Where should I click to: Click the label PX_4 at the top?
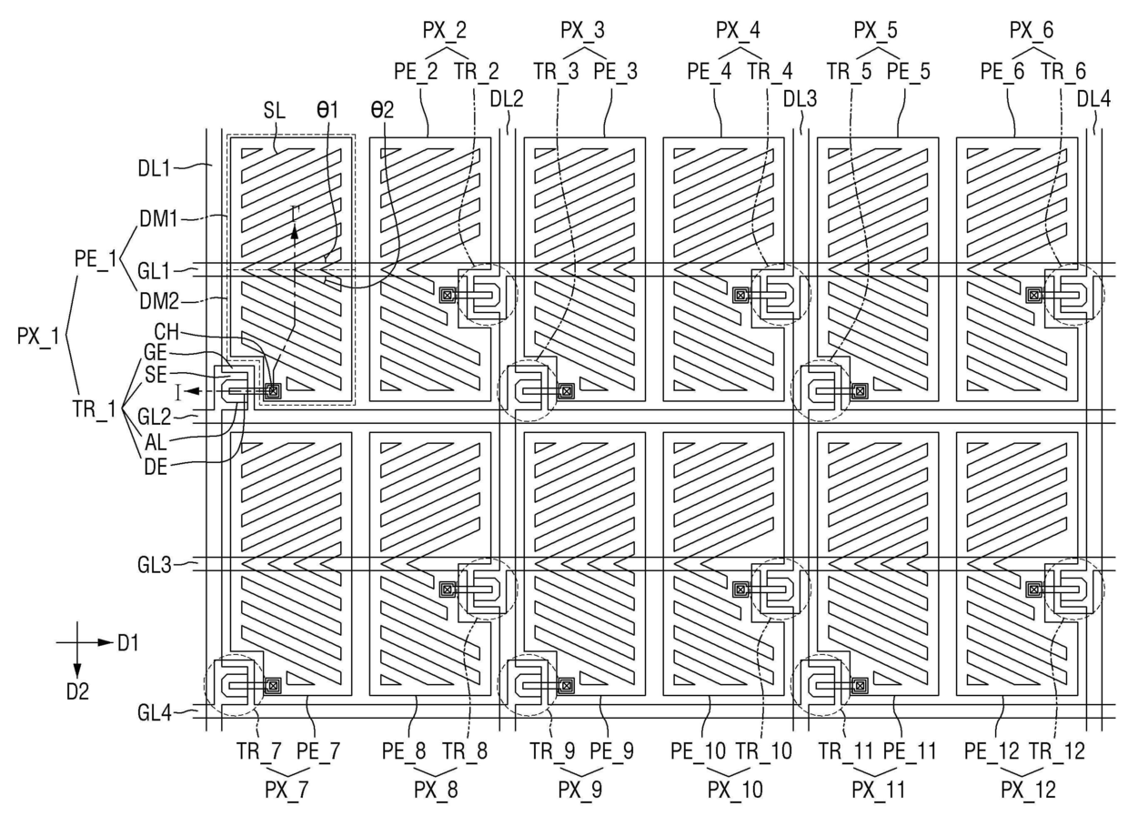(x=738, y=31)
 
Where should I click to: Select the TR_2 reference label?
(x=477, y=71)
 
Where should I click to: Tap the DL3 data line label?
(x=800, y=99)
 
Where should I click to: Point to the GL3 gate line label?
(x=155, y=565)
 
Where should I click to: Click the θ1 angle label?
(x=327, y=110)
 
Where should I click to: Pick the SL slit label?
(x=275, y=110)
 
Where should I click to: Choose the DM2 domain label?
(x=159, y=301)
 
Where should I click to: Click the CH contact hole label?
(x=166, y=332)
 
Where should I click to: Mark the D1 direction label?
(x=128, y=643)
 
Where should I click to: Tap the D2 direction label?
(x=77, y=691)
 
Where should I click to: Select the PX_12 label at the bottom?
(x=1028, y=790)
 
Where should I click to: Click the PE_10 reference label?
(x=698, y=751)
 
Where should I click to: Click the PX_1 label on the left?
(x=38, y=336)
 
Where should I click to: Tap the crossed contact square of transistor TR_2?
(x=448, y=295)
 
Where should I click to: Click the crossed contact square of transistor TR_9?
(x=567, y=685)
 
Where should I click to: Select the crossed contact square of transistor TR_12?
(x=1033, y=589)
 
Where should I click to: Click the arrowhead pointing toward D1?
(x=105, y=642)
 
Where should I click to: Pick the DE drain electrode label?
(x=156, y=467)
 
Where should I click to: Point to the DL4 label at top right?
(x=1093, y=99)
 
